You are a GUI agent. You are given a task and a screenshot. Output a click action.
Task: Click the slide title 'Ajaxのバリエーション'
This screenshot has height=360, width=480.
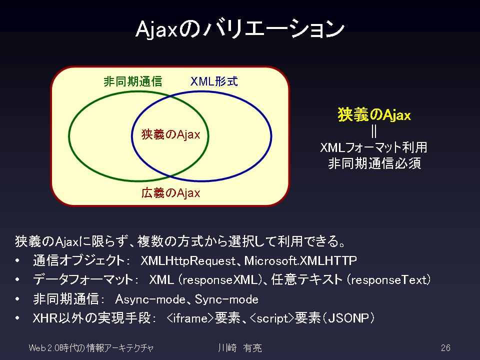(240, 29)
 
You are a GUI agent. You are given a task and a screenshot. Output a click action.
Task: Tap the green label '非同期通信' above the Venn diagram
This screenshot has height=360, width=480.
(132, 81)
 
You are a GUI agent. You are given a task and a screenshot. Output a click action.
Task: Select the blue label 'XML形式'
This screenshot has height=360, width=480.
(214, 81)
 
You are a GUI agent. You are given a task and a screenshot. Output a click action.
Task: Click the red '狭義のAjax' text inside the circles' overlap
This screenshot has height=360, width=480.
(170, 134)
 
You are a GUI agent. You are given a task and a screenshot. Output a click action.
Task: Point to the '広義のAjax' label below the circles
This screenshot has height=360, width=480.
(170, 193)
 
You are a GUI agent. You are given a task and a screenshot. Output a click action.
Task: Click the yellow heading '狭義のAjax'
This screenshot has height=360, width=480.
(374, 115)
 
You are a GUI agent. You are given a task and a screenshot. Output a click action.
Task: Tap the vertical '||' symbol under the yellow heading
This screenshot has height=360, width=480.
(374, 131)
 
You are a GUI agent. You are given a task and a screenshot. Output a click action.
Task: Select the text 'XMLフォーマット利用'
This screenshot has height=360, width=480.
(373, 147)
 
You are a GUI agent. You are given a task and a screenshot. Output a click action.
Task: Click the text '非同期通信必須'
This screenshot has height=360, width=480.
(374, 163)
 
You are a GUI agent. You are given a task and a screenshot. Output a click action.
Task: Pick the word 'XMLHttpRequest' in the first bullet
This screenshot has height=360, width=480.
(188, 261)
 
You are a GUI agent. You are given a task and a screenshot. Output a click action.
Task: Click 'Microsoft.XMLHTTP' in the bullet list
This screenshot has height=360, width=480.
(300, 261)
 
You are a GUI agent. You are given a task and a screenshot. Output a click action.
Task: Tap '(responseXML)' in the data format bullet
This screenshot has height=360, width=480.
(219, 280)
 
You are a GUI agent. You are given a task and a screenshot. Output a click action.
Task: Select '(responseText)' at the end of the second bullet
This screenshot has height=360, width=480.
(389, 280)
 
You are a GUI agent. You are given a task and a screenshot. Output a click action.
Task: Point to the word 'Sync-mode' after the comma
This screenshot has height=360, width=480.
(226, 299)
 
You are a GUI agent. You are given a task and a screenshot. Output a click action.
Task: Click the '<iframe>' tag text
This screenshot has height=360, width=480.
(190, 318)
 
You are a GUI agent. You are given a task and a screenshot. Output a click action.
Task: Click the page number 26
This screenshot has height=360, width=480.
(445, 348)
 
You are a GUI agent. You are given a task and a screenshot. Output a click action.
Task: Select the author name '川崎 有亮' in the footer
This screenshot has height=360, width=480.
(240, 348)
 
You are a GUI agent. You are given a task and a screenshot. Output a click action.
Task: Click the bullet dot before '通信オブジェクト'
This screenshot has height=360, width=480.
(17, 261)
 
